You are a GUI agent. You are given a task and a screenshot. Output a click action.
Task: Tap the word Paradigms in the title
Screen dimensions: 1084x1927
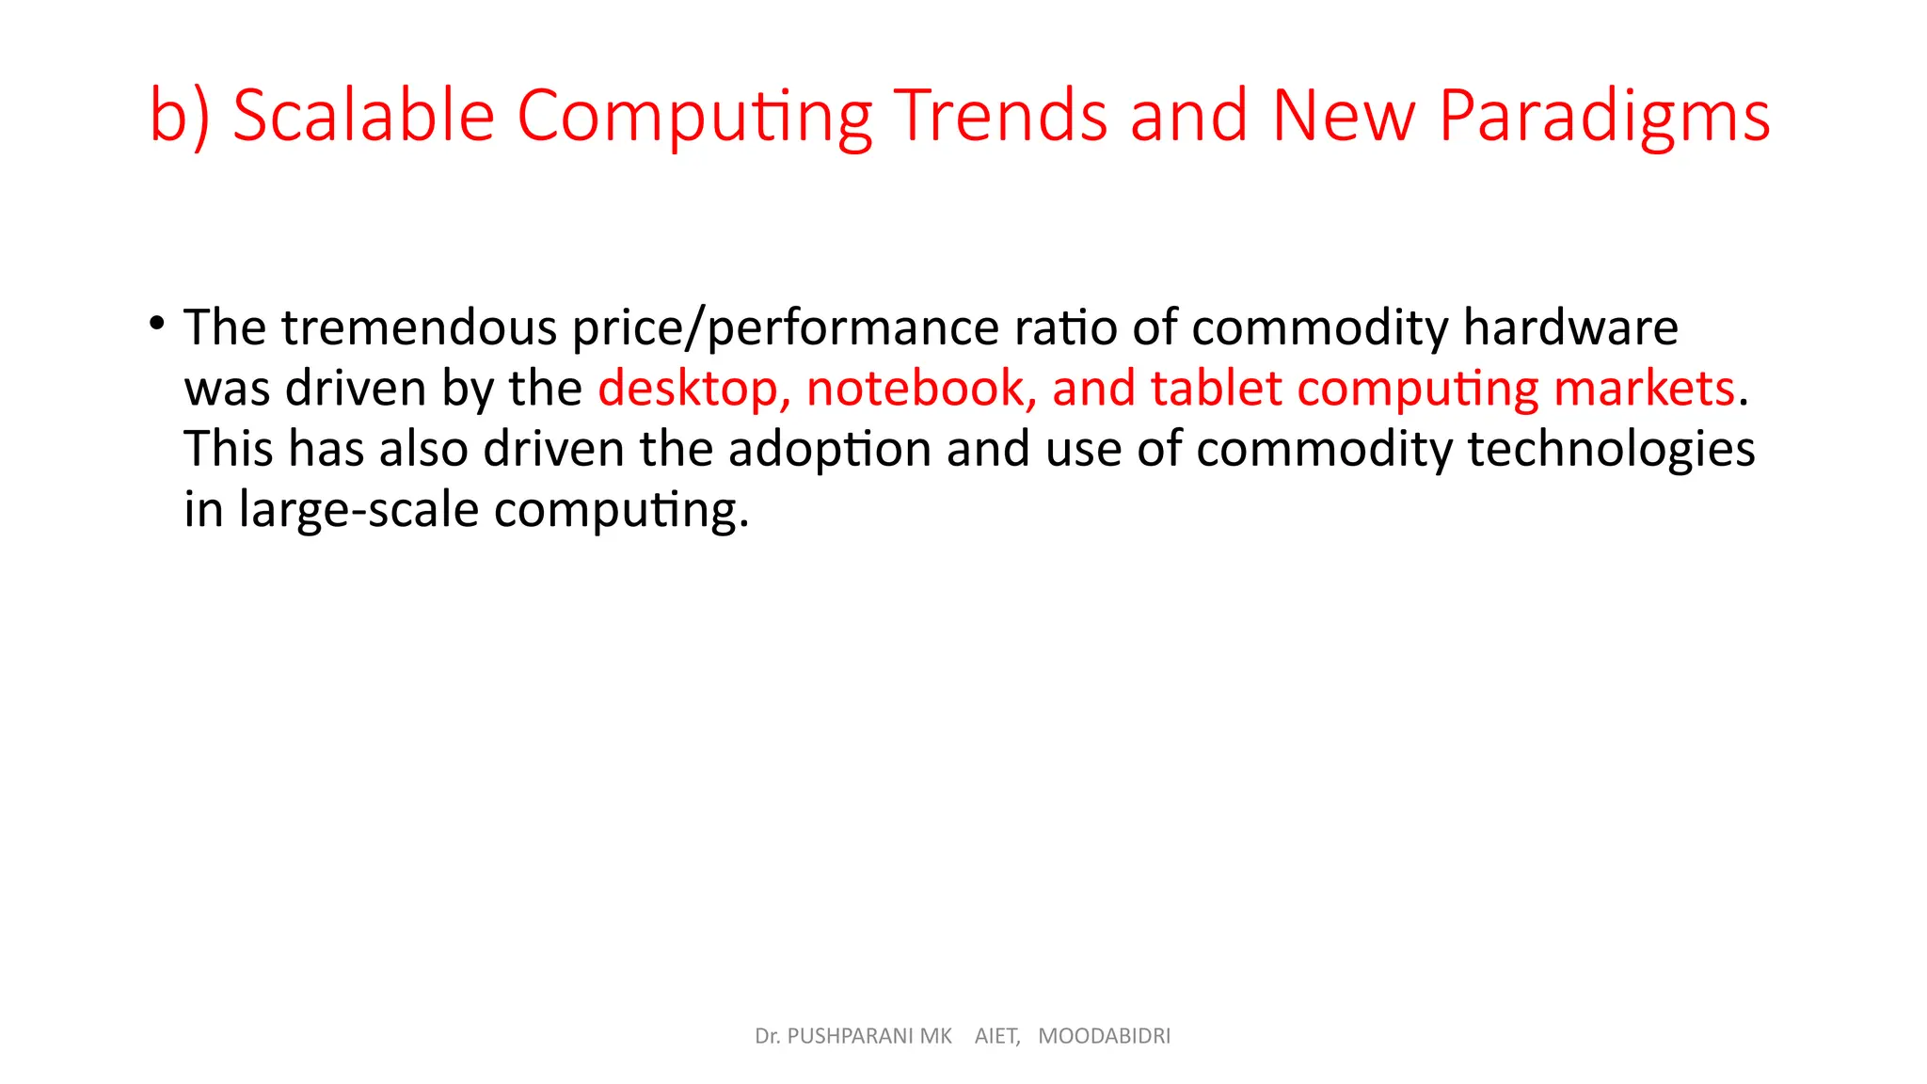coord(1604,117)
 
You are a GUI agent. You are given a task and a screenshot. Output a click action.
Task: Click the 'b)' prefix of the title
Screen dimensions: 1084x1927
coord(179,117)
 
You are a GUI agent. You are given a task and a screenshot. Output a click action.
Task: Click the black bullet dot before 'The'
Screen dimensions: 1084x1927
coord(157,324)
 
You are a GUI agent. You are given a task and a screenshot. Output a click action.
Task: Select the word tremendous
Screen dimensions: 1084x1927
coord(419,327)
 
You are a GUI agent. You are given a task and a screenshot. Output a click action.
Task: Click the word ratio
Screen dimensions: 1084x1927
coord(1065,327)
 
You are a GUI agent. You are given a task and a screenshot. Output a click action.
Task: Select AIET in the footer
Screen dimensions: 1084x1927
coord(995,1036)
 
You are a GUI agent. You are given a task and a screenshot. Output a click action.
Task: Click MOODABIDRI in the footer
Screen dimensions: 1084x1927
coord(1104,1036)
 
